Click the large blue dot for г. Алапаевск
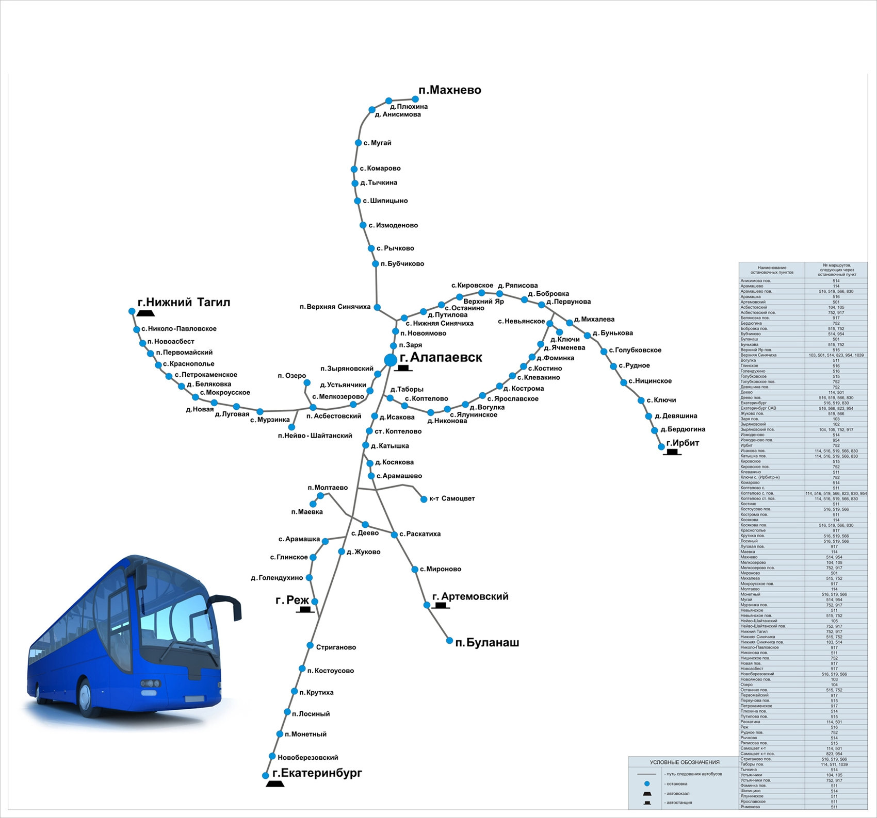tap(391, 360)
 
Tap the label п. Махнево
tap(449, 90)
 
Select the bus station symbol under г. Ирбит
tap(672, 453)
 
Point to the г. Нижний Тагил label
tap(184, 303)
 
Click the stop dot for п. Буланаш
tap(449, 641)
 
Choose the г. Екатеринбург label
tap(317, 773)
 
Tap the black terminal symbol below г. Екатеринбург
tap(274, 784)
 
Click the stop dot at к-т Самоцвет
tap(424, 499)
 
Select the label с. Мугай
tap(377, 143)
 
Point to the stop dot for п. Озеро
tap(307, 382)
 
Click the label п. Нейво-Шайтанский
tap(315, 436)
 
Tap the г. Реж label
tap(292, 600)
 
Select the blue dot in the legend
tap(647, 783)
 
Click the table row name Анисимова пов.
tap(755, 281)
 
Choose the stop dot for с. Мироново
tap(415, 570)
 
